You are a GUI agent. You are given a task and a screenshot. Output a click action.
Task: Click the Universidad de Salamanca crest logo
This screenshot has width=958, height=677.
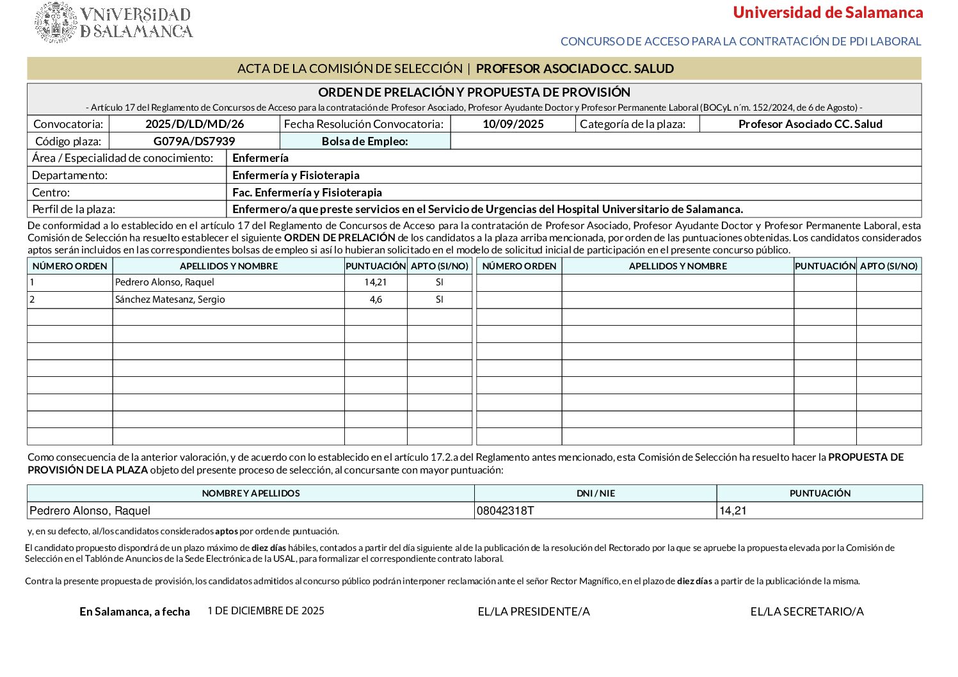tap(56, 22)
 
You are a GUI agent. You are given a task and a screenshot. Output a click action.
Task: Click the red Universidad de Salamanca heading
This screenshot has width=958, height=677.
tap(827, 13)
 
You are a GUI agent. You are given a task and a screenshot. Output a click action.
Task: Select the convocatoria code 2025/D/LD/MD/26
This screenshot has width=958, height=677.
tap(195, 124)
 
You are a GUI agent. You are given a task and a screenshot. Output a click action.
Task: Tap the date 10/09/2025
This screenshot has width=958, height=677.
tap(513, 124)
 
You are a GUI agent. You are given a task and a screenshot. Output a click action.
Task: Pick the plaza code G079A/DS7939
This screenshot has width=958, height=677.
tap(195, 141)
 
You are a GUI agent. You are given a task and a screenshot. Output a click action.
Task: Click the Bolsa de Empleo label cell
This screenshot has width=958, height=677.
tap(365, 141)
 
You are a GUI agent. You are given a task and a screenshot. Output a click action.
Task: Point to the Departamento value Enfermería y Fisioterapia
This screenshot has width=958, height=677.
tap(296, 175)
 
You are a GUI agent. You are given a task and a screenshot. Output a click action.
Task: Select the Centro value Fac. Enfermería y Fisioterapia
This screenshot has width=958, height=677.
tap(307, 193)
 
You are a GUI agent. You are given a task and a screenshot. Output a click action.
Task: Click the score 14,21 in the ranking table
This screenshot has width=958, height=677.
tap(375, 282)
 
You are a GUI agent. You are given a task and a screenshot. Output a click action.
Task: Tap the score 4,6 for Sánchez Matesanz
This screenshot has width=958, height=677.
tap(376, 299)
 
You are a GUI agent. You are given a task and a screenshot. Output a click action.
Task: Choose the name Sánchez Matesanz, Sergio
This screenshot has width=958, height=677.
tap(170, 299)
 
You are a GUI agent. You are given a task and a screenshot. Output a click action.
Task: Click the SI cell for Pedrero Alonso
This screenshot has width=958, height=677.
tap(439, 282)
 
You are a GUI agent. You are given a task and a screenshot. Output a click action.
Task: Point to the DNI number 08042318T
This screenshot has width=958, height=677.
tap(505, 511)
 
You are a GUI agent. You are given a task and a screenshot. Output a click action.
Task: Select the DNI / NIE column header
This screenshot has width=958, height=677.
tap(595, 493)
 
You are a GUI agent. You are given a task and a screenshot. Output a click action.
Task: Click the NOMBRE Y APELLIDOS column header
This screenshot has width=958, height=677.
tap(251, 493)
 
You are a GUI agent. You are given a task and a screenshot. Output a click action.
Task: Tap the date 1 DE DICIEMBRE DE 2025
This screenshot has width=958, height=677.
tap(266, 610)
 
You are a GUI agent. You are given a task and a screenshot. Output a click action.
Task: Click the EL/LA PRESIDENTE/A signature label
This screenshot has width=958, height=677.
tap(534, 612)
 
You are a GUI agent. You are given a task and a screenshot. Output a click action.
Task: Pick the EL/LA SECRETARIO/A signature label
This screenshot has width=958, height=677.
tap(807, 612)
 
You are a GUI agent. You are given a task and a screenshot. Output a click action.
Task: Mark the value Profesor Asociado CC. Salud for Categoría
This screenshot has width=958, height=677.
tap(810, 124)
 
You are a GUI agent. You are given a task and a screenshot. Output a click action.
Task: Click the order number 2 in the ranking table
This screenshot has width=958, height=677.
tap(33, 299)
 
